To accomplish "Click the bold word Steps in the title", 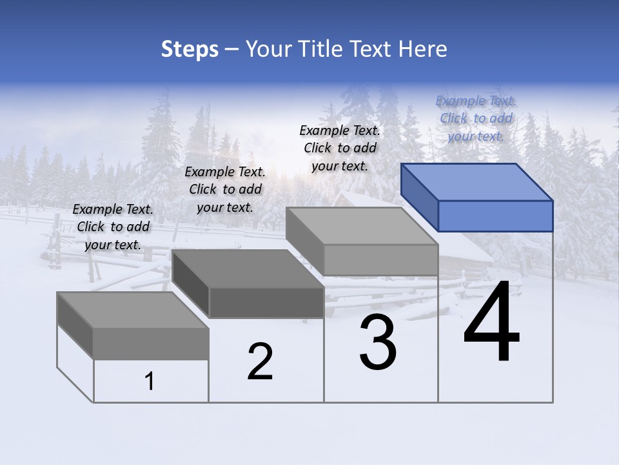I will [190, 49].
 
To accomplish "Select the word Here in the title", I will [423, 49].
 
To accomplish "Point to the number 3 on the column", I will [378, 343].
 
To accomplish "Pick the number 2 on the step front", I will [260, 362].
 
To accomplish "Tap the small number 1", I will [150, 382].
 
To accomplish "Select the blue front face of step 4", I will [495, 216].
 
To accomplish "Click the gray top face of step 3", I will [362, 226].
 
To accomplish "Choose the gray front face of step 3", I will [380, 260].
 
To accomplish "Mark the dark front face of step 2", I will [266, 302].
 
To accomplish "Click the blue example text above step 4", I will [476, 118].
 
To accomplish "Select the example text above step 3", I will [340, 148].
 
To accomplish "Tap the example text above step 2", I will [225, 189].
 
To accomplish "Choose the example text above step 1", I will [113, 227].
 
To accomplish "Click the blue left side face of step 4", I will [419, 196].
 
